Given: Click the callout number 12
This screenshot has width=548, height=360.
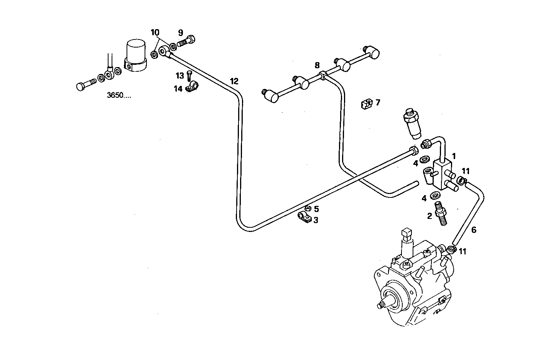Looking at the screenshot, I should [x=234, y=81].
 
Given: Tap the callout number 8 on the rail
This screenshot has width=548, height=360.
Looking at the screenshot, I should [x=317, y=66].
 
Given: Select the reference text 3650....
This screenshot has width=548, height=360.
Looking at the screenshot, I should [x=118, y=95].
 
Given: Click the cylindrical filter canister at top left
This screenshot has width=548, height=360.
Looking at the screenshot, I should [x=136, y=56].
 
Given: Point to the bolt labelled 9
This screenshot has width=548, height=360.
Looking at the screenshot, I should [x=186, y=41].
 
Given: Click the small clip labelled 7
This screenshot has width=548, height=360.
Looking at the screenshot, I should [x=367, y=104].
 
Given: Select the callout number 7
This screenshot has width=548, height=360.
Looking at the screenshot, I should [x=378, y=102].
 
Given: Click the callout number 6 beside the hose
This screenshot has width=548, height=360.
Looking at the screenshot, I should [x=474, y=230].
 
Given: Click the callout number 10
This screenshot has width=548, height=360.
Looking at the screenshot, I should [x=155, y=32].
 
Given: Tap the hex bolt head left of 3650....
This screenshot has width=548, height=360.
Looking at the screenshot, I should [x=81, y=87].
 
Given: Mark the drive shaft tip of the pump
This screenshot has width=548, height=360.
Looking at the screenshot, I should [x=381, y=305].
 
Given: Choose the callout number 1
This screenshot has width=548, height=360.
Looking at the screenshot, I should [x=454, y=156].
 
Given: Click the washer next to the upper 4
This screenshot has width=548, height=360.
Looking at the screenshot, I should [x=425, y=159].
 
